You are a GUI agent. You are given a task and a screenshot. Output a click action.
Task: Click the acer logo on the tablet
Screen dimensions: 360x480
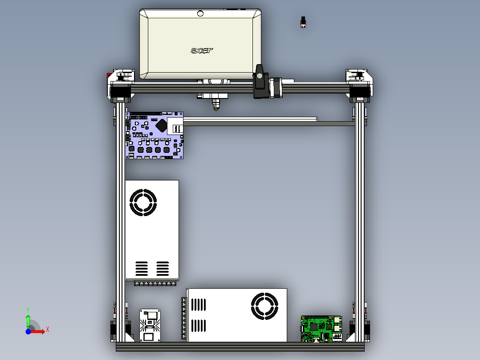(202, 50)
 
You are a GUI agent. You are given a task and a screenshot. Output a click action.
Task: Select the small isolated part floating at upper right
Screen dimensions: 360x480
(304, 22)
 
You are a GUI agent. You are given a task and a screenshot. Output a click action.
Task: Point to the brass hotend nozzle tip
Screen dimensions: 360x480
(216, 109)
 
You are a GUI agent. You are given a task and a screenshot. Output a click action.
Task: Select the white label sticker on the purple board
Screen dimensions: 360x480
(175, 127)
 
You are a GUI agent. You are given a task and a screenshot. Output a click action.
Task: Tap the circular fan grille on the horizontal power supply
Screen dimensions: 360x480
(264, 306)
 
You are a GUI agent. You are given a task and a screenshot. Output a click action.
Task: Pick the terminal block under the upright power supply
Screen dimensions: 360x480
(152, 283)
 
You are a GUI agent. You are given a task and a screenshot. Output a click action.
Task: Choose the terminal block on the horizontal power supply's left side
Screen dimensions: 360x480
(183, 318)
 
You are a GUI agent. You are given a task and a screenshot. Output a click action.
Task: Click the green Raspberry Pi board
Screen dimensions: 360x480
(321, 329)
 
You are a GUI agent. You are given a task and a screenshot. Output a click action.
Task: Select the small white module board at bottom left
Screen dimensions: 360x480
(150, 325)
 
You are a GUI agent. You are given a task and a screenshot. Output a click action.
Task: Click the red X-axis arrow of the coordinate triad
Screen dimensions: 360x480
(43, 331)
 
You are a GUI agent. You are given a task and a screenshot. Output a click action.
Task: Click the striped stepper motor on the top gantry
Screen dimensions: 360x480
(275, 88)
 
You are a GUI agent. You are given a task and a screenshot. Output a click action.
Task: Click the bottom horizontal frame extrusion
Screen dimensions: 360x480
(240, 346)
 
